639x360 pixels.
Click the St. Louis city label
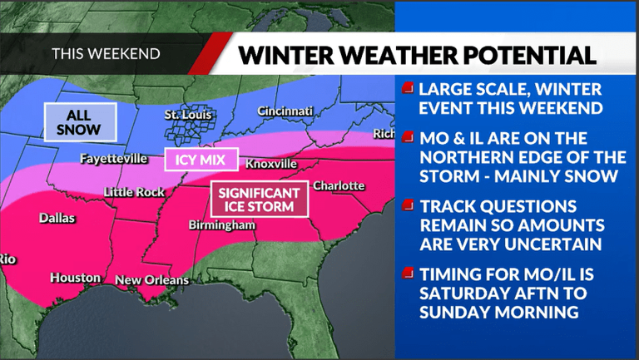[188, 115]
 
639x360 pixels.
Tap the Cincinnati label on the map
[285, 111]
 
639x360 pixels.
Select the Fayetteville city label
[114, 158]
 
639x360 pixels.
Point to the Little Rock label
[134, 192]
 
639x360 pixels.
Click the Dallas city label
[57, 219]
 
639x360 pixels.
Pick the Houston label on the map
[75, 278]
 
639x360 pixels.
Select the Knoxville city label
[271, 165]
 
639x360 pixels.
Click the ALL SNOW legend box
[79, 122]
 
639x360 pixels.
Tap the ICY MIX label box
[202, 159]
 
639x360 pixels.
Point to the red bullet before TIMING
[407, 273]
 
